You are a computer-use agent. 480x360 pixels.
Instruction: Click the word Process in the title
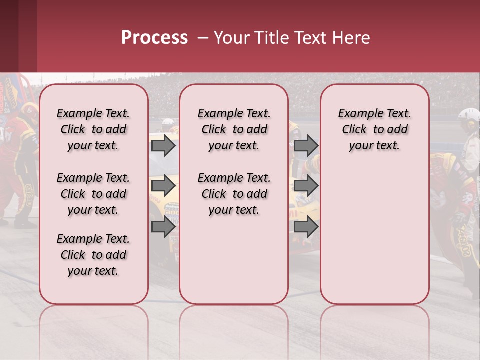coord(154,38)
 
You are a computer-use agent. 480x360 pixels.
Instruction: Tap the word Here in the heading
coord(352,38)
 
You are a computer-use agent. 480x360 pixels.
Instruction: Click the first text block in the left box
coord(93,129)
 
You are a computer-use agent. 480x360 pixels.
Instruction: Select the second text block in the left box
coord(93,194)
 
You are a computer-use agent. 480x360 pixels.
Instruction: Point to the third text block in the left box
coord(93,255)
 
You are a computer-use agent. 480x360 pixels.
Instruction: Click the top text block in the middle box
coord(234,129)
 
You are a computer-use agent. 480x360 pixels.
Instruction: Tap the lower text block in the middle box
coord(234,194)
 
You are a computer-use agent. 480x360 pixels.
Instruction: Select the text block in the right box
coord(374,129)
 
